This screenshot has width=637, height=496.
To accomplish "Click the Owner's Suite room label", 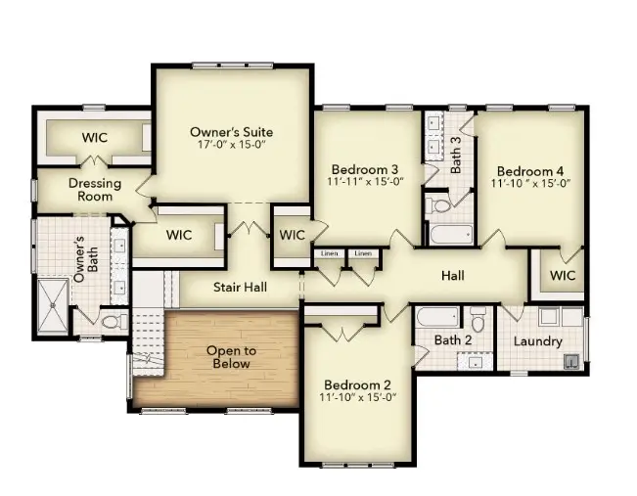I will point(231,132).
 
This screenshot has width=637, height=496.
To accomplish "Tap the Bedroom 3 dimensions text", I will point(364,182).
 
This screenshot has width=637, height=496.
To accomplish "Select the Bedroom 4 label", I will point(529,167).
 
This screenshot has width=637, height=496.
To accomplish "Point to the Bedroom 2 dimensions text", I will point(358,397).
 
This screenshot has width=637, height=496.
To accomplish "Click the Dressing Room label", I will point(94,190).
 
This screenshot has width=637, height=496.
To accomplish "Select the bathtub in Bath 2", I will point(434,320).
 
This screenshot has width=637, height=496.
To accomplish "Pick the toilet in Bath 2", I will point(478,321).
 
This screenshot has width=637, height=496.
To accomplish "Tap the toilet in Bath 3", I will point(438,204).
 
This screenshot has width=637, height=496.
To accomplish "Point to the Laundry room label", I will point(537,341).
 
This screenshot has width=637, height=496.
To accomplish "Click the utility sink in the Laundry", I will point(567,361).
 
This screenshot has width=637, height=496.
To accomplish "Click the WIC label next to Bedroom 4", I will point(562,276).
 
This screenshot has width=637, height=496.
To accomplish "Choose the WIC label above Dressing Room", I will point(94,137).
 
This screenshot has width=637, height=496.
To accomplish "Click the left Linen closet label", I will point(330,254).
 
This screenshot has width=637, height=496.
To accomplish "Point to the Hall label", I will point(452,277).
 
